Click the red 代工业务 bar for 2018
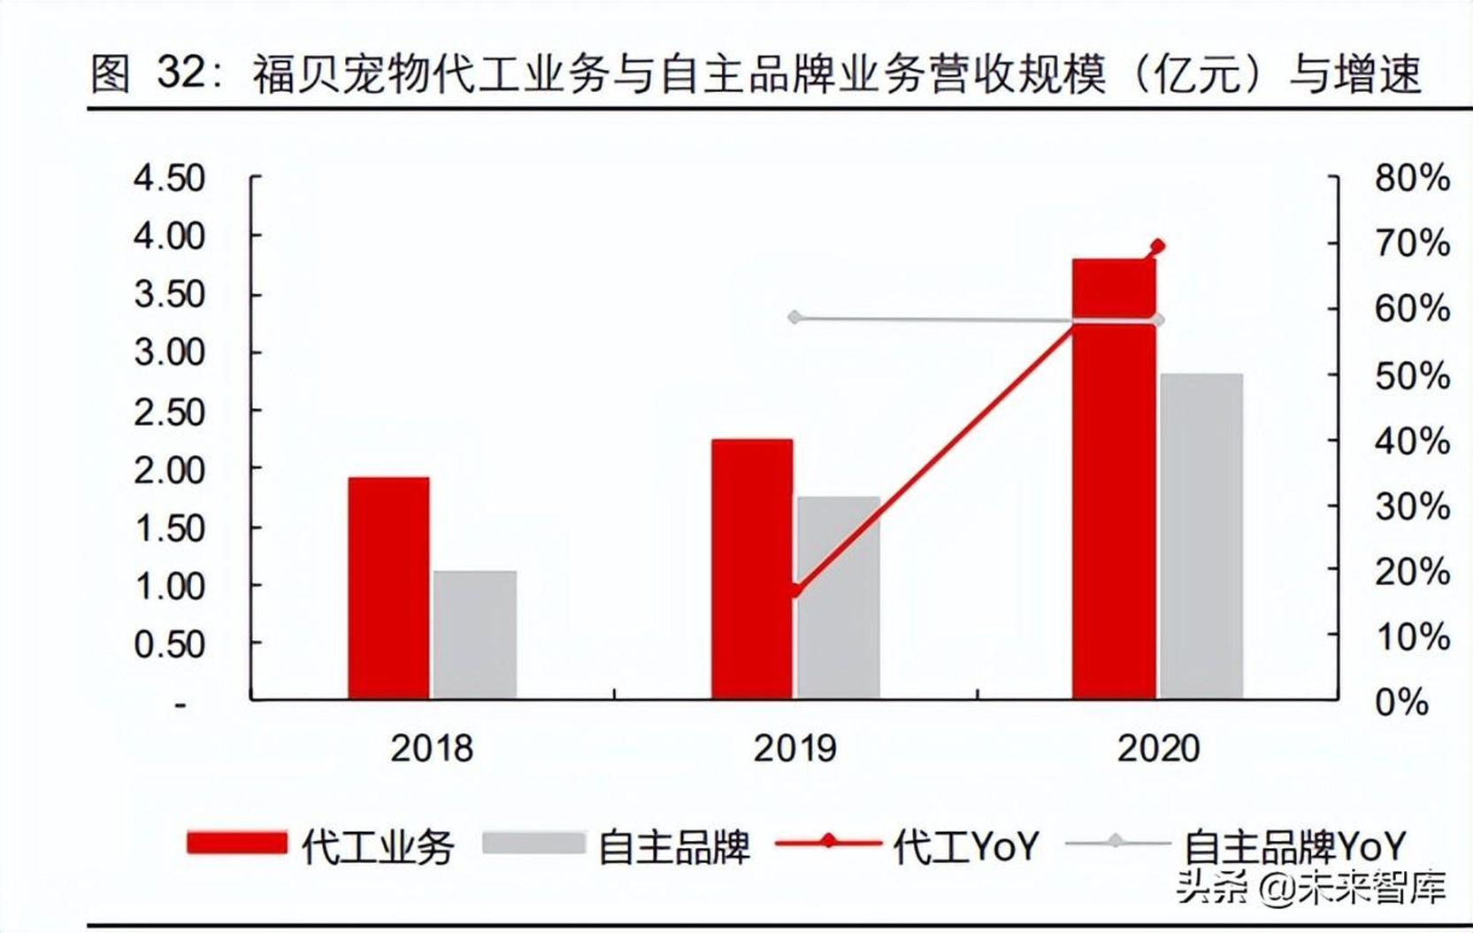pos(388,589)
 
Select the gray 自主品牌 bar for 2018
pos(475,635)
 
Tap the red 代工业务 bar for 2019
pos(752,569)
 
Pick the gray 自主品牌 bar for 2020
pos(1201,536)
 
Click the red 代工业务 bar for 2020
pos(1114,479)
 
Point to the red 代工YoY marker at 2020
pos(1157,246)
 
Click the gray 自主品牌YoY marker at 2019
pos(795,317)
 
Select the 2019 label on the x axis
pos(794,749)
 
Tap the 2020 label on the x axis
pos(1158,749)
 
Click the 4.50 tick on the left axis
pos(169,178)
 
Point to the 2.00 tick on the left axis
pos(169,470)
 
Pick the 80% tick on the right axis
pos(1412,178)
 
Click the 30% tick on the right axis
pos(1412,506)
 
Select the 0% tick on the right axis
pos(1401,703)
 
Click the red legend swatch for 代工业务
pos(237,843)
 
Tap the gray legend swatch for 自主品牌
pos(533,843)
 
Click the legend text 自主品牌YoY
pos(1294,846)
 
